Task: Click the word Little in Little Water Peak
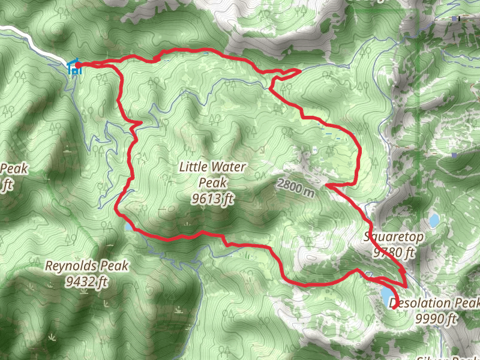point(194,167)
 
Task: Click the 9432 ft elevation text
point(88,281)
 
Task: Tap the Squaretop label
point(393,237)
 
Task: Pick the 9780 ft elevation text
point(394,253)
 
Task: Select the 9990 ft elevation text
point(436,319)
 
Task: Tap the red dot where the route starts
point(79,64)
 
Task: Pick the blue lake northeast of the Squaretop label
point(434,220)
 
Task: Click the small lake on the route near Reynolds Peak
point(129,227)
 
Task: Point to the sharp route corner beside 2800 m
point(328,185)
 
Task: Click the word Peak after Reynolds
point(114,266)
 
